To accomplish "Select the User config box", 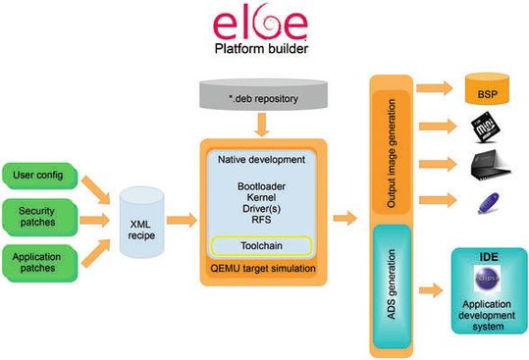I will click(x=39, y=176).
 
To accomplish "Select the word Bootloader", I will click(x=261, y=184).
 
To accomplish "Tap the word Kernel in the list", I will click(x=261, y=197).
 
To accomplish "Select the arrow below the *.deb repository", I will click(x=262, y=127).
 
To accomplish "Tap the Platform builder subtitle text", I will click(x=263, y=48).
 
